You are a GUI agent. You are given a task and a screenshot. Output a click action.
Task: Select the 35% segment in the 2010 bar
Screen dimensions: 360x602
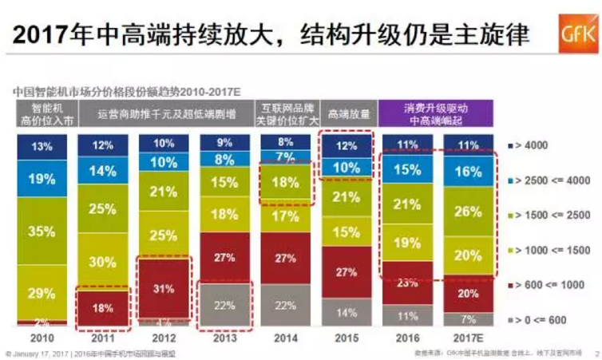(x=43, y=232)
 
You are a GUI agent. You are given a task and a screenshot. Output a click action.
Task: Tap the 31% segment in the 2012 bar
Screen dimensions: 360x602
(x=164, y=287)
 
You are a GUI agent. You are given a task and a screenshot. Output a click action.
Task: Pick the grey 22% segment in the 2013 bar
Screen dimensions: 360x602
(x=225, y=306)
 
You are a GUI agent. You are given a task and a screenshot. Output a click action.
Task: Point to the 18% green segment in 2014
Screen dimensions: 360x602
(x=286, y=181)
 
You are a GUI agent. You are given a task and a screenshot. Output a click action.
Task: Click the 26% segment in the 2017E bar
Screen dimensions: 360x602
(x=469, y=212)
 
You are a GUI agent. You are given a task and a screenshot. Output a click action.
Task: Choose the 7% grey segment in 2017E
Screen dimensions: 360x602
(x=469, y=318)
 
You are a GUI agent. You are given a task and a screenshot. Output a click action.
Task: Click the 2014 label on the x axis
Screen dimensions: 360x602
(x=286, y=337)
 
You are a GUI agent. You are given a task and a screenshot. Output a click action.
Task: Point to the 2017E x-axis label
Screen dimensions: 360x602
(x=469, y=337)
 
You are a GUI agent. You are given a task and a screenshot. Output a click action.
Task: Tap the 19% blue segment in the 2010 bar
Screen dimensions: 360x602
(x=43, y=179)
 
